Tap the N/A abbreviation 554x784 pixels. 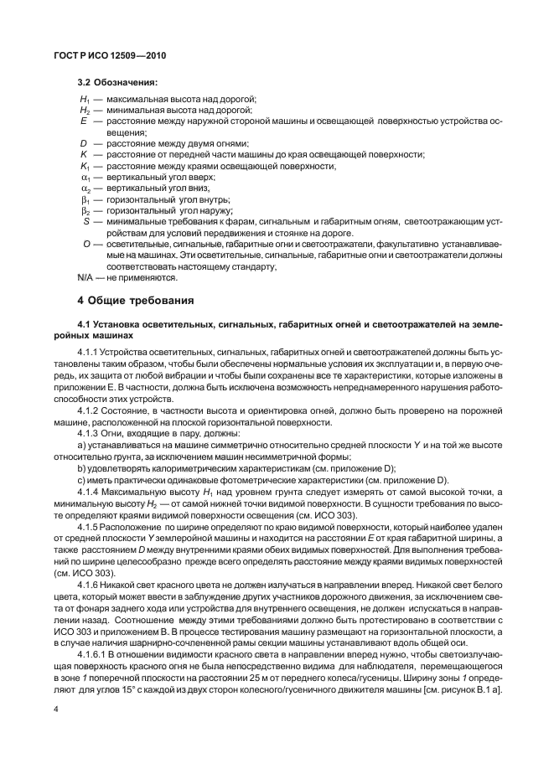click(x=85, y=276)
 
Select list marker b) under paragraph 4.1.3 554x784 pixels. click(x=81, y=469)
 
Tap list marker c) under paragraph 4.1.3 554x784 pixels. click(x=81, y=481)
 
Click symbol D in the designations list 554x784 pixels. click(x=83, y=144)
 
